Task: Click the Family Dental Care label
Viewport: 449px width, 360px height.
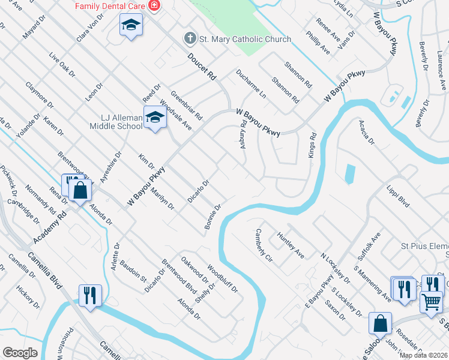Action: click(110, 5)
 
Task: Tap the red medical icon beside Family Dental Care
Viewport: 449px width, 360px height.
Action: click(154, 5)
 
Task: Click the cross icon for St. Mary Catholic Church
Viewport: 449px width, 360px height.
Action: click(190, 39)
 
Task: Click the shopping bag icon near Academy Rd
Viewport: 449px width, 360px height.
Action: click(80, 191)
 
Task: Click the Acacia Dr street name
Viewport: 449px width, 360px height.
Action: click(366, 133)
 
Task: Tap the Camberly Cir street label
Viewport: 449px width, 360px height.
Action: click(264, 246)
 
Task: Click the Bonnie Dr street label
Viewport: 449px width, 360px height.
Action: click(214, 216)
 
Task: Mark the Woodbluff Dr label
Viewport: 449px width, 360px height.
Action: click(223, 278)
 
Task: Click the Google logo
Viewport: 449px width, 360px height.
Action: click(20, 353)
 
